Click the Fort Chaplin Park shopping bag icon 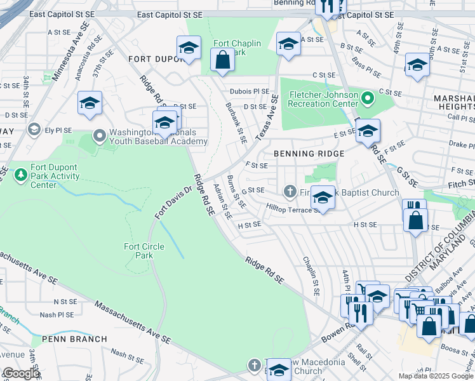[223, 61]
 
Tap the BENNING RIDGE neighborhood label [309, 154]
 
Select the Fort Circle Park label [144, 251]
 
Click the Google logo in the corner [21, 373]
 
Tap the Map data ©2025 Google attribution [436, 376]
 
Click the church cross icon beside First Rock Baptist [290, 192]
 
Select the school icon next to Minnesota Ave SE [90, 104]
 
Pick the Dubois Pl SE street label [250, 91]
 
